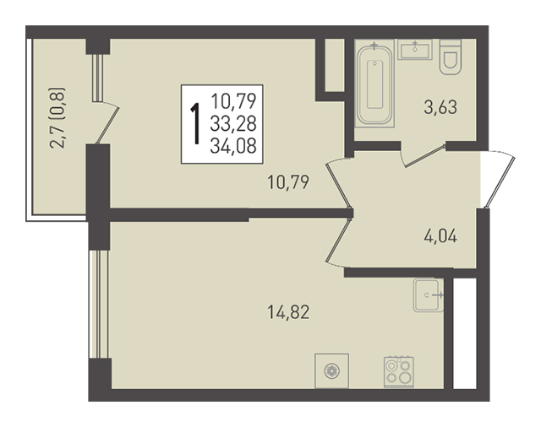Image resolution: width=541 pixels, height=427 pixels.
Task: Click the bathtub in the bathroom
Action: pyautogui.click(x=374, y=84)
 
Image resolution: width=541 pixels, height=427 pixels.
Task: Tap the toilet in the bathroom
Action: pyautogui.click(x=451, y=57)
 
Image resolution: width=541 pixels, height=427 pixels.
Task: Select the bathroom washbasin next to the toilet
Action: pyautogui.click(x=415, y=50)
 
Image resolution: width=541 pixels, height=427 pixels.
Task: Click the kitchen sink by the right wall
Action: pyautogui.click(x=429, y=295)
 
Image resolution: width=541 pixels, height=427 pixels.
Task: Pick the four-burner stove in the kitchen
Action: pyautogui.click(x=399, y=372)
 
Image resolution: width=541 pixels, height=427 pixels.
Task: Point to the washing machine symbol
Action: pyautogui.click(x=331, y=370)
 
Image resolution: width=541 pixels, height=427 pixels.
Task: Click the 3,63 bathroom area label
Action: pyautogui.click(x=440, y=107)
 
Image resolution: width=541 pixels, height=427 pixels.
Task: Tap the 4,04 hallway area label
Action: pyautogui.click(x=440, y=236)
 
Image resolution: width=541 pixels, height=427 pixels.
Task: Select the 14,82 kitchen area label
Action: pyautogui.click(x=288, y=312)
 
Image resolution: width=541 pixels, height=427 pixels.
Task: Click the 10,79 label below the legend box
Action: pyautogui.click(x=288, y=182)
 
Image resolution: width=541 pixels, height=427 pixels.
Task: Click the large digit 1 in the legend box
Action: pyautogui.click(x=195, y=123)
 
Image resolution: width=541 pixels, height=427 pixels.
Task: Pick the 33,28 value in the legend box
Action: pyautogui.click(x=233, y=124)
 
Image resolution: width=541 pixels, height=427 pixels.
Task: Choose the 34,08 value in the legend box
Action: pyautogui.click(x=233, y=146)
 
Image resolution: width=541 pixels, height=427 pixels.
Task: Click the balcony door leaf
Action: pyautogui.click(x=107, y=126)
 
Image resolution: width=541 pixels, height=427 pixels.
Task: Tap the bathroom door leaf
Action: pyautogui.click(x=424, y=157)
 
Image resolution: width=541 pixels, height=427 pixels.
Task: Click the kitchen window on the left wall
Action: pyautogui.click(x=99, y=304)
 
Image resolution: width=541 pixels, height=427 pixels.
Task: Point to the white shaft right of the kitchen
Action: pyautogui.click(x=464, y=333)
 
